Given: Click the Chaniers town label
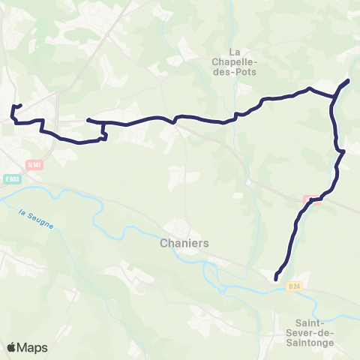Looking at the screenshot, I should (x=184, y=244).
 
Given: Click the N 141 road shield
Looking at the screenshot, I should (x=33, y=164).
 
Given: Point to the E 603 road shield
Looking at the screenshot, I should (x=11, y=178).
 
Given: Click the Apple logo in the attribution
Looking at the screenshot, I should (x=11, y=347).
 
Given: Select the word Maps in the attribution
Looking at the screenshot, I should (x=32, y=347).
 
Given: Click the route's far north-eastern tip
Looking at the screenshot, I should (x=349, y=79).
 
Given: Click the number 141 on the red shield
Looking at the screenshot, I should (x=35, y=164).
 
